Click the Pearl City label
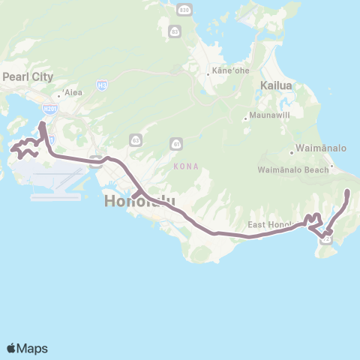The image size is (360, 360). pyautogui.click(x=26, y=76)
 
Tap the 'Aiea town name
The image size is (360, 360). pyautogui.click(x=73, y=92)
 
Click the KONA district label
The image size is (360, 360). pyautogui.click(x=186, y=166)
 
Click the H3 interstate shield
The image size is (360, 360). pyautogui.click(x=101, y=85)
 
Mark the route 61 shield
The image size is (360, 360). pyautogui.click(x=175, y=142)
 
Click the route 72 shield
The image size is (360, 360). pyautogui.click(x=327, y=239)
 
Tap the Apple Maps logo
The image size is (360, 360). pyautogui.click(x=27, y=348)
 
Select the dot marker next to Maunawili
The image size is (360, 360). pyautogui.click(x=245, y=118)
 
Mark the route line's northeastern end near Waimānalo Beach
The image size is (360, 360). pyautogui.click(x=348, y=193)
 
